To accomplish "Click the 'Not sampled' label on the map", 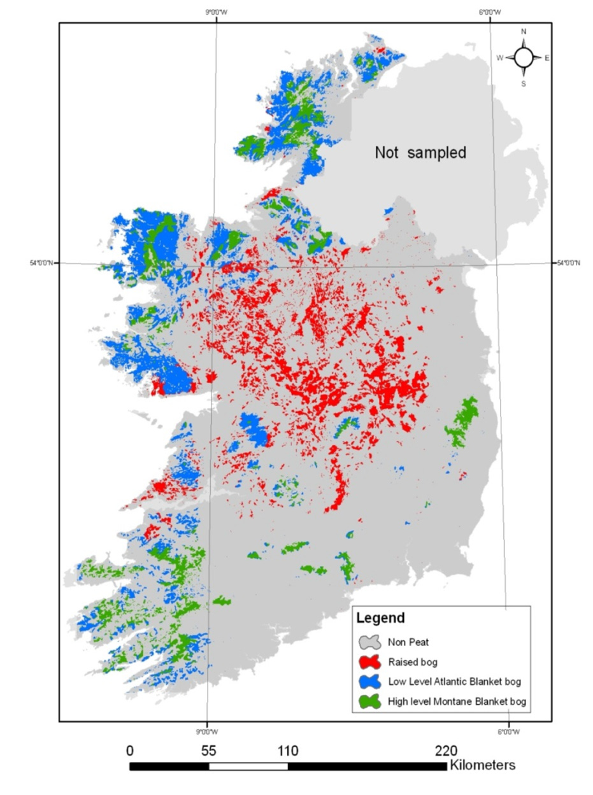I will pyautogui.click(x=420, y=153).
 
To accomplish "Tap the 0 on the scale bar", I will pyautogui.click(x=131, y=750).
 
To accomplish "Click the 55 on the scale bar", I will pyautogui.click(x=209, y=750).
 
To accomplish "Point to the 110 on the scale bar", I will pyautogui.click(x=287, y=750).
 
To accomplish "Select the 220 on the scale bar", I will pyautogui.click(x=445, y=750).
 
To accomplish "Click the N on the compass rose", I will pyautogui.click(x=524, y=31).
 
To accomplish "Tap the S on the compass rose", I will pyautogui.click(x=524, y=83).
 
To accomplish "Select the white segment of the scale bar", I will pyautogui.click(x=248, y=766).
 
